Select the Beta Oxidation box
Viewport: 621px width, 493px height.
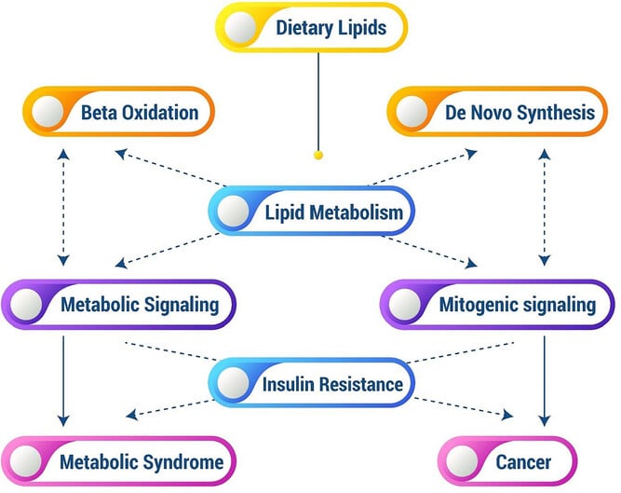click(x=120, y=114)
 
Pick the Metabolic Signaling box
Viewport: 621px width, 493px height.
click(x=119, y=304)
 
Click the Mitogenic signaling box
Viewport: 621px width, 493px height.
click(x=497, y=304)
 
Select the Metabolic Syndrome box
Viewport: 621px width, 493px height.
click(x=119, y=461)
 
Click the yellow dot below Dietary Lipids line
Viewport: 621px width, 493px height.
click(x=318, y=155)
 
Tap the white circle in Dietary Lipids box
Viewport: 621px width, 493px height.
click(x=247, y=26)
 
